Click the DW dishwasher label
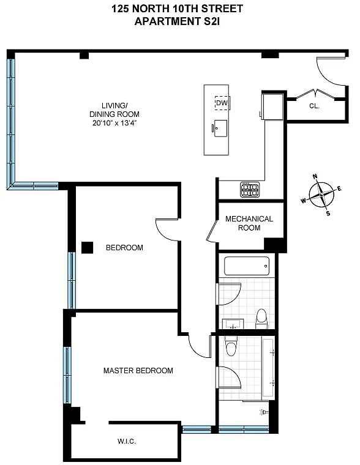222,103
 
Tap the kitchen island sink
220,128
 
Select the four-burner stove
250,190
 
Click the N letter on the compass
315,176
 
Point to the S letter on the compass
328,213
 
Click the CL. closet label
314,106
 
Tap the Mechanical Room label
249,223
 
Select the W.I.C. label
127,441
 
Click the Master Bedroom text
138,370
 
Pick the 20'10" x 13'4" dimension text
114,123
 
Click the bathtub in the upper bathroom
247,266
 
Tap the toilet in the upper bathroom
261,319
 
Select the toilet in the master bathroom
231,346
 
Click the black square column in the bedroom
88,248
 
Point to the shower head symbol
263,412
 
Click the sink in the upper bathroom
233,324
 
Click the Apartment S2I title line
177,21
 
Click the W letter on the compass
303,201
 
